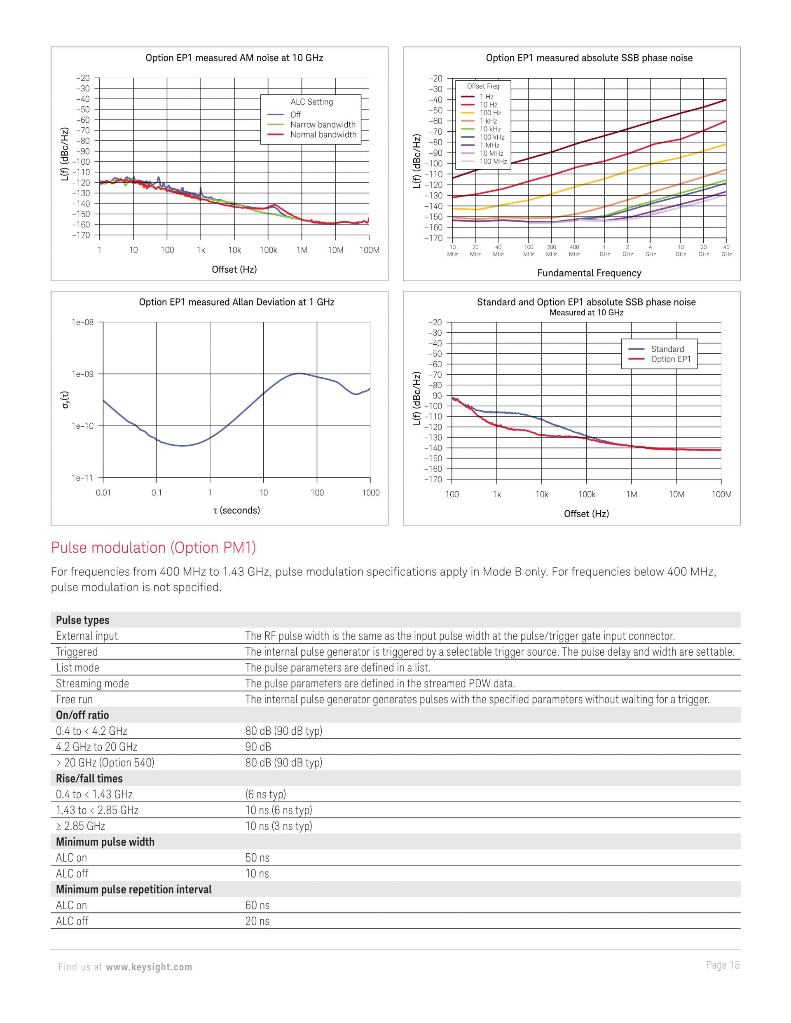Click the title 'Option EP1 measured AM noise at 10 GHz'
234,58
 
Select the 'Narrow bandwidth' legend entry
323,125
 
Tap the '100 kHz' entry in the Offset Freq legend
491,137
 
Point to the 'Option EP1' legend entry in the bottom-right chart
671,359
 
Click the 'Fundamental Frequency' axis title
589,273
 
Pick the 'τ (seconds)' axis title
236,510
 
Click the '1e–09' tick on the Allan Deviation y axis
82,374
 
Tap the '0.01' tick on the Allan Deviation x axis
103,493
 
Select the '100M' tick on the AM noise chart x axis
369,250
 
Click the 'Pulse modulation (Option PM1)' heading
153,548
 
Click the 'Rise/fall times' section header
89,778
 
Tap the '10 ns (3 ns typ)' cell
278,826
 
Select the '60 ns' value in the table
257,906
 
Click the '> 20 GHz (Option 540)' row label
105,763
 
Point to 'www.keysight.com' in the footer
149,967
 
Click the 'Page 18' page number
723,965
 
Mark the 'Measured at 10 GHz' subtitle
586,313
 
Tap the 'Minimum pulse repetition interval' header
133,890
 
